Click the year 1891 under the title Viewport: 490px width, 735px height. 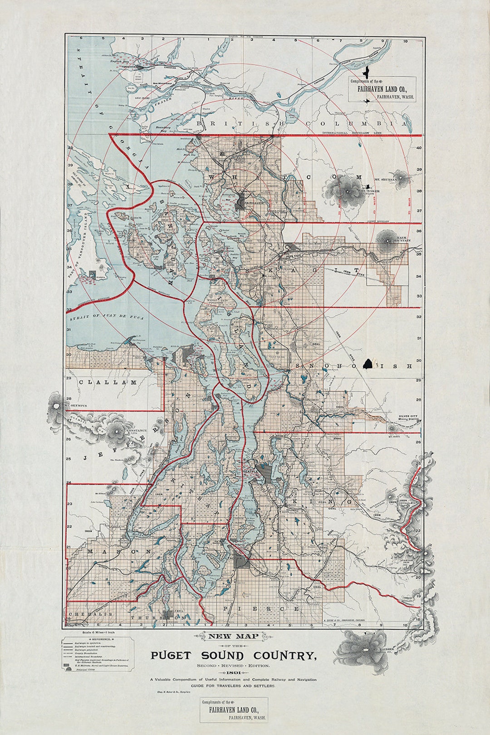[x=233, y=672]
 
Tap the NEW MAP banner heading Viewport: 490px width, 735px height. [x=233, y=636]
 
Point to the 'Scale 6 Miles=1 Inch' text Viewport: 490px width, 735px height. [x=96, y=632]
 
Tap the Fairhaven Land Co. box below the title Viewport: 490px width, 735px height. [x=234, y=710]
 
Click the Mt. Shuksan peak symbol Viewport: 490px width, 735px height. [x=401, y=176]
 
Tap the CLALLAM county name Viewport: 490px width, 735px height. [x=108, y=382]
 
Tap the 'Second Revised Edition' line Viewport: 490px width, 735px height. [x=233, y=665]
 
